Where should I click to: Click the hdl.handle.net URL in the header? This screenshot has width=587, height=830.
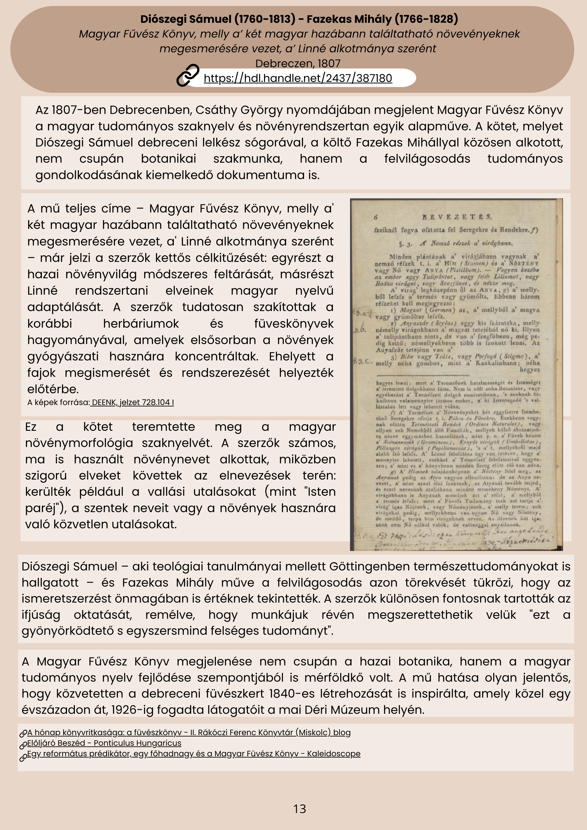click(298, 78)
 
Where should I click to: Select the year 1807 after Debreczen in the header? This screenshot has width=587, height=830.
click(329, 64)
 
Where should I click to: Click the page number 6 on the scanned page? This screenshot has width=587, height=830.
click(375, 217)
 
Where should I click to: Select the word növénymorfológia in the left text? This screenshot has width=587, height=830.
click(79, 443)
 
